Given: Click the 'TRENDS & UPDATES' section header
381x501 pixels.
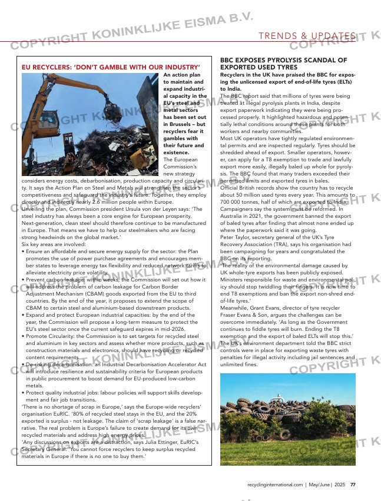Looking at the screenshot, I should click(307, 37).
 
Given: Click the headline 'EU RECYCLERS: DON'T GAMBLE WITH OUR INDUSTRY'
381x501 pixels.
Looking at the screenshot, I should click(111, 68).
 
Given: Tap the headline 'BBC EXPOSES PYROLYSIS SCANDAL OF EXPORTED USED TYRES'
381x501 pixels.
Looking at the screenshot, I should click(283, 64).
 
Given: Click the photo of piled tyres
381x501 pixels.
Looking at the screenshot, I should click(287, 419).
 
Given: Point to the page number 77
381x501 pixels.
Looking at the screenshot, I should click(353, 485).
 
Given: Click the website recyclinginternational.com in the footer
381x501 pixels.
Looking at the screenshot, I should click(275, 485).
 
